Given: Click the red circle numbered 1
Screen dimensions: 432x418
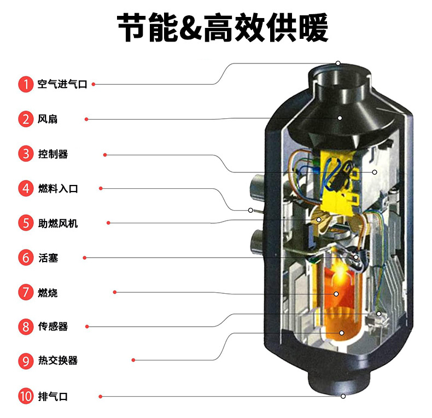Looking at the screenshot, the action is pos(26,84).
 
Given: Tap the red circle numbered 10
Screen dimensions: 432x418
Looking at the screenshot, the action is pos(26,397).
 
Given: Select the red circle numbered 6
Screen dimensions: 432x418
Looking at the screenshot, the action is pos(26,258).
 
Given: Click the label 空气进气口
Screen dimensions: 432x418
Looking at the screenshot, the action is pos(62,84).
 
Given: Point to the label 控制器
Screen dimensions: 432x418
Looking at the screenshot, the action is pos(53,154).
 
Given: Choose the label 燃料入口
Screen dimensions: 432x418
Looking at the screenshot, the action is pos(58,189).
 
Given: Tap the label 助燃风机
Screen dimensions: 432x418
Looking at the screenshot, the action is pos(58,223).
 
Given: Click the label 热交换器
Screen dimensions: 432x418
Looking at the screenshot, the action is pos(58,361).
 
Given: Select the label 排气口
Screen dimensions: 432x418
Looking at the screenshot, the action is pos(53,397).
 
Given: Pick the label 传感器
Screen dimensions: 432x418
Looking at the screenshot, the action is pos(53,327).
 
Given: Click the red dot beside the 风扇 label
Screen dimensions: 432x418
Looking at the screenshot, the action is pos(86,119).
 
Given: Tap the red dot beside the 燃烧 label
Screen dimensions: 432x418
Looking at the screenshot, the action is pos(115,292).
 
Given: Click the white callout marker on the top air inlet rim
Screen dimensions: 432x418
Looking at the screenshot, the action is pos(338,63).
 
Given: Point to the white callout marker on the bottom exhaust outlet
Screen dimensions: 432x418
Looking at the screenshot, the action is pos(343,396).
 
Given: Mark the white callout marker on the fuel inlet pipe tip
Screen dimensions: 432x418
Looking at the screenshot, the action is pos(250,211).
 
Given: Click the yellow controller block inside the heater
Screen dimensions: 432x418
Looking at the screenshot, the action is pos(338,182).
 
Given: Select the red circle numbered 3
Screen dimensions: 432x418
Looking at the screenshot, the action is pos(26,154).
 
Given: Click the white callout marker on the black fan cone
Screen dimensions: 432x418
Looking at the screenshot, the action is pos(340,118).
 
